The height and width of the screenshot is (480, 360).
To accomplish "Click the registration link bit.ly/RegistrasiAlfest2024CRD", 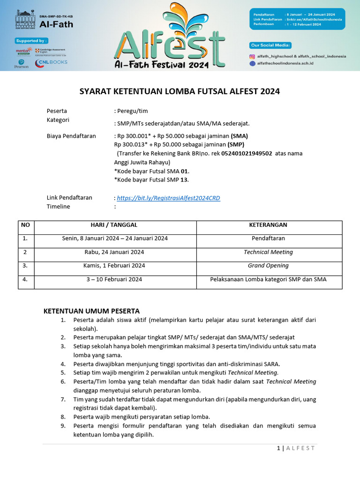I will click(x=168, y=198).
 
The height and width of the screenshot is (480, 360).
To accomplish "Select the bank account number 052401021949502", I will click(x=247, y=153).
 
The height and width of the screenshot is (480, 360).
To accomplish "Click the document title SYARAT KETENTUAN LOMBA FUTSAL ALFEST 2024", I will click(x=180, y=91).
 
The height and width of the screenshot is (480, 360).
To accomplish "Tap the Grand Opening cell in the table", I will click(x=269, y=265).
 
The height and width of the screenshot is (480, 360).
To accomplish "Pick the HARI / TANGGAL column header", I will click(x=114, y=225).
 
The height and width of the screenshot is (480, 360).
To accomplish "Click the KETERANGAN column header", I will click(x=269, y=225).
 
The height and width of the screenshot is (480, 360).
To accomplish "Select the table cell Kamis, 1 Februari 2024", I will click(x=114, y=265).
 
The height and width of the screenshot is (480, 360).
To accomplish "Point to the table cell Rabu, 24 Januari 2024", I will click(x=114, y=252).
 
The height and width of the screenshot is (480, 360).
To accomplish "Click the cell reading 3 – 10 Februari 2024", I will click(x=114, y=279).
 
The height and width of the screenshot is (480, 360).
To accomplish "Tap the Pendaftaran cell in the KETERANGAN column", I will click(x=269, y=238).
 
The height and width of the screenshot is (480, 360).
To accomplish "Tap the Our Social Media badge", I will click(x=270, y=45).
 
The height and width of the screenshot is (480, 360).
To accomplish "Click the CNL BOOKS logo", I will click(x=51, y=62).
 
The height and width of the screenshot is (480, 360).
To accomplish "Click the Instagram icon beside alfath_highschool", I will click(x=252, y=56).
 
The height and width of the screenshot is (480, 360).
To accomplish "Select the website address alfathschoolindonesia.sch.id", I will click(x=285, y=62).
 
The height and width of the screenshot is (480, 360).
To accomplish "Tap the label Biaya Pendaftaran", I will click(x=71, y=136).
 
